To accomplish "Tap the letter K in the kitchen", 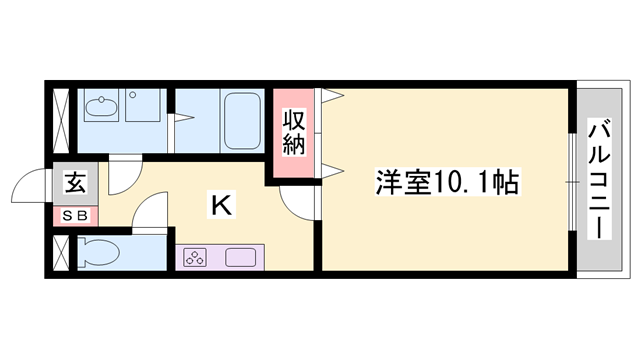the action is click(x=222, y=205).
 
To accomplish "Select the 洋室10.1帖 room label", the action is click(x=448, y=183).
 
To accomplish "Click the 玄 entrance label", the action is click(x=76, y=182).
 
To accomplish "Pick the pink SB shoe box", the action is click(x=76, y=214).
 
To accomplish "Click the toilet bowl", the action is click(x=100, y=254).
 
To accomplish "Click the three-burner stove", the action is click(x=196, y=256).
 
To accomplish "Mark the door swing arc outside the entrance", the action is click(x=28, y=190).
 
